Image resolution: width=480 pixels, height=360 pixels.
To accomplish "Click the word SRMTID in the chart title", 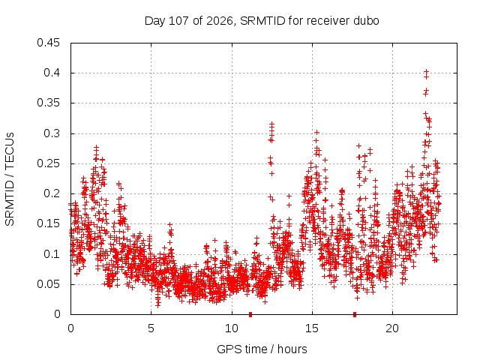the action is (x=262, y=21).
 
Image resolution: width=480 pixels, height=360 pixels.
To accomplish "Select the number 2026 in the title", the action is (x=220, y=21).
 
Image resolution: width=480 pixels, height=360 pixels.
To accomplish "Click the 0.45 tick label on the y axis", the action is (x=48, y=43).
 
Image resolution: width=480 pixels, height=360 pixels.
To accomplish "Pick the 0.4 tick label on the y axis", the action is (x=52, y=73).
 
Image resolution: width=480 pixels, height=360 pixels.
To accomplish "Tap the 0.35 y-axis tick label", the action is (x=48, y=103).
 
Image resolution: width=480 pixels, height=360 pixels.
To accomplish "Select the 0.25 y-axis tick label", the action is (x=48, y=163).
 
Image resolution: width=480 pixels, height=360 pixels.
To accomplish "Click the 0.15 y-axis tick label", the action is (x=48, y=223).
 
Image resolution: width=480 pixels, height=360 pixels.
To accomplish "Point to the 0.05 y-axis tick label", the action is (x=48, y=283).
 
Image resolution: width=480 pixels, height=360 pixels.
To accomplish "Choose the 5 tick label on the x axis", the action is (x=151, y=328).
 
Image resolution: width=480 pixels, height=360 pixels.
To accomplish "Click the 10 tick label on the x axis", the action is (x=232, y=328).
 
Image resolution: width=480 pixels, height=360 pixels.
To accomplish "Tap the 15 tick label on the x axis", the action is (x=312, y=328).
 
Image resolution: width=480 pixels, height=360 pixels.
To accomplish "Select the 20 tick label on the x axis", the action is (x=392, y=328).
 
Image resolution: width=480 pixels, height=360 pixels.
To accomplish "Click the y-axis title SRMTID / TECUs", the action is (x=10, y=179).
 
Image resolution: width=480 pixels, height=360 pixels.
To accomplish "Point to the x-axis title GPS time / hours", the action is (x=262, y=349).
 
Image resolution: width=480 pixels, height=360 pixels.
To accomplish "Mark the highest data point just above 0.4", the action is (x=426, y=72).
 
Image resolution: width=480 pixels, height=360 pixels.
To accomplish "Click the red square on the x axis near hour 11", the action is (x=250, y=314).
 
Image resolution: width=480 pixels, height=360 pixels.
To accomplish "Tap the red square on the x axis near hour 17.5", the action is (x=355, y=314).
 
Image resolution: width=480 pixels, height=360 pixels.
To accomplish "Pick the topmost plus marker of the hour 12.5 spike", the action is (x=271, y=124).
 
